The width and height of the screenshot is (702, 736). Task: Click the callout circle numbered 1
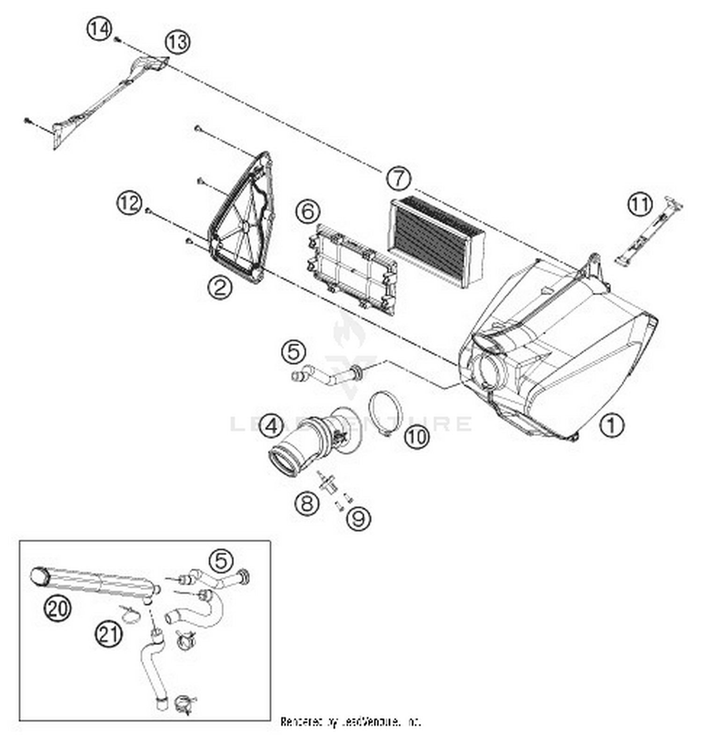tap(611, 425)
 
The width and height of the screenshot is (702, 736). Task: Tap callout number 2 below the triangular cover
tap(220, 287)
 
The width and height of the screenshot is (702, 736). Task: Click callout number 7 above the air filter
tap(398, 178)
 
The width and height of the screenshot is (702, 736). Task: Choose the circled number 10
tap(416, 437)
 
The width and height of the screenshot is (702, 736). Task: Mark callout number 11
tap(639, 204)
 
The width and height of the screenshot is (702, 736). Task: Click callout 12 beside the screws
tap(129, 203)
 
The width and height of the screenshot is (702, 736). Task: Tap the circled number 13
tap(177, 42)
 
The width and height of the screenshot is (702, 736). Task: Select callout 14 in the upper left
tap(99, 29)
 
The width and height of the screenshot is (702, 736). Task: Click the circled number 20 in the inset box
tap(58, 609)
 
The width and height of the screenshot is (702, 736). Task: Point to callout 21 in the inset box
tap(109, 634)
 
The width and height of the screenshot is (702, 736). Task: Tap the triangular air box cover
tap(241, 220)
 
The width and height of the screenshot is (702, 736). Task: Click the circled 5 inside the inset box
tap(220, 561)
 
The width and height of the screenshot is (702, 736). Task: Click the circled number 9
tap(358, 518)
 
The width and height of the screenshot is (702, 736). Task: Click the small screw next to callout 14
tap(117, 40)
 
